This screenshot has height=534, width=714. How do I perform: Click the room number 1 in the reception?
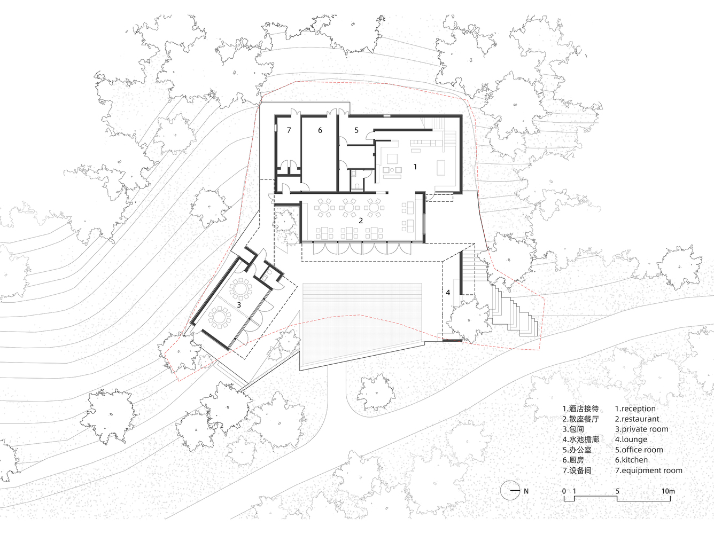point(415,167)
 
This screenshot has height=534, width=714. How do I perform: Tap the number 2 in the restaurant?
point(361,221)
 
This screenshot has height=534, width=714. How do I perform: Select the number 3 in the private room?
point(239,305)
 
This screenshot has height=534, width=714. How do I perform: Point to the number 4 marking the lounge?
point(448,293)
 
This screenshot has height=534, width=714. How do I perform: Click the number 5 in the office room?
point(356,130)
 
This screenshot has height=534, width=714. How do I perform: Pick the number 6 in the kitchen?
point(320,130)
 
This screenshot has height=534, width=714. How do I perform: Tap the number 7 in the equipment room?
point(289,130)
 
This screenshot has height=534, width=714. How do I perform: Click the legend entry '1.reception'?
point(635,409)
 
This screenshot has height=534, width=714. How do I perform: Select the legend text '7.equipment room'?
point(649,470)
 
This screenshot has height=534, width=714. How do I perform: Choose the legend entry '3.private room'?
point(641,429)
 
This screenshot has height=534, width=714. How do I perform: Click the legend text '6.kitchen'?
point(631,460)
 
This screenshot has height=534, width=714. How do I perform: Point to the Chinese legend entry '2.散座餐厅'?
point(580,419)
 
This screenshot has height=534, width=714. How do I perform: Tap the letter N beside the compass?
point(526,491)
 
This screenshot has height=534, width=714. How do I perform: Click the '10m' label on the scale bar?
point(668,491)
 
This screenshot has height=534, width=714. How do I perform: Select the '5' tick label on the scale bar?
point(617,491)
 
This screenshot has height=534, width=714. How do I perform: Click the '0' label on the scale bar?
point(564,491)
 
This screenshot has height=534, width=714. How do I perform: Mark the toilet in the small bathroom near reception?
point(357,186)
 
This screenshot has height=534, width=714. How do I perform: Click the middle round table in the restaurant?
point(350,207)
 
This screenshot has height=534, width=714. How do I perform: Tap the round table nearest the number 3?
point(240,288)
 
